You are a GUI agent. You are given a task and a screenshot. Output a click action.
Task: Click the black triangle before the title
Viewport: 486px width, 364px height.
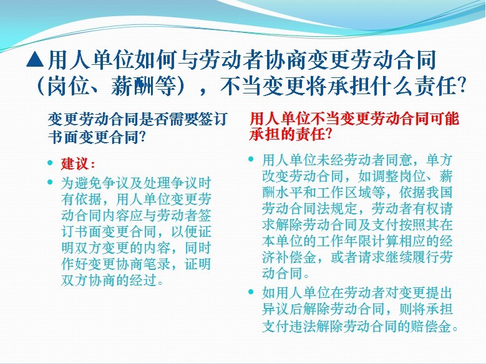35,59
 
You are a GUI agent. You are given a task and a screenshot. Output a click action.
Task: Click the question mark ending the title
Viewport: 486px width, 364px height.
461,85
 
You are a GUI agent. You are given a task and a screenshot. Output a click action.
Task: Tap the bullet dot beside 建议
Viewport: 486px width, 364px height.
50,163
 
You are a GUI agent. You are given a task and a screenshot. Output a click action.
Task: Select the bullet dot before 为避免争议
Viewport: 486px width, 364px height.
50,182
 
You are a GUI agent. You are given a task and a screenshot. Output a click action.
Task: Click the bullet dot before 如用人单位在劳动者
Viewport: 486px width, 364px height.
251,292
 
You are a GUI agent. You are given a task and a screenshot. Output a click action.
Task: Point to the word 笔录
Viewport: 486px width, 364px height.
157,264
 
